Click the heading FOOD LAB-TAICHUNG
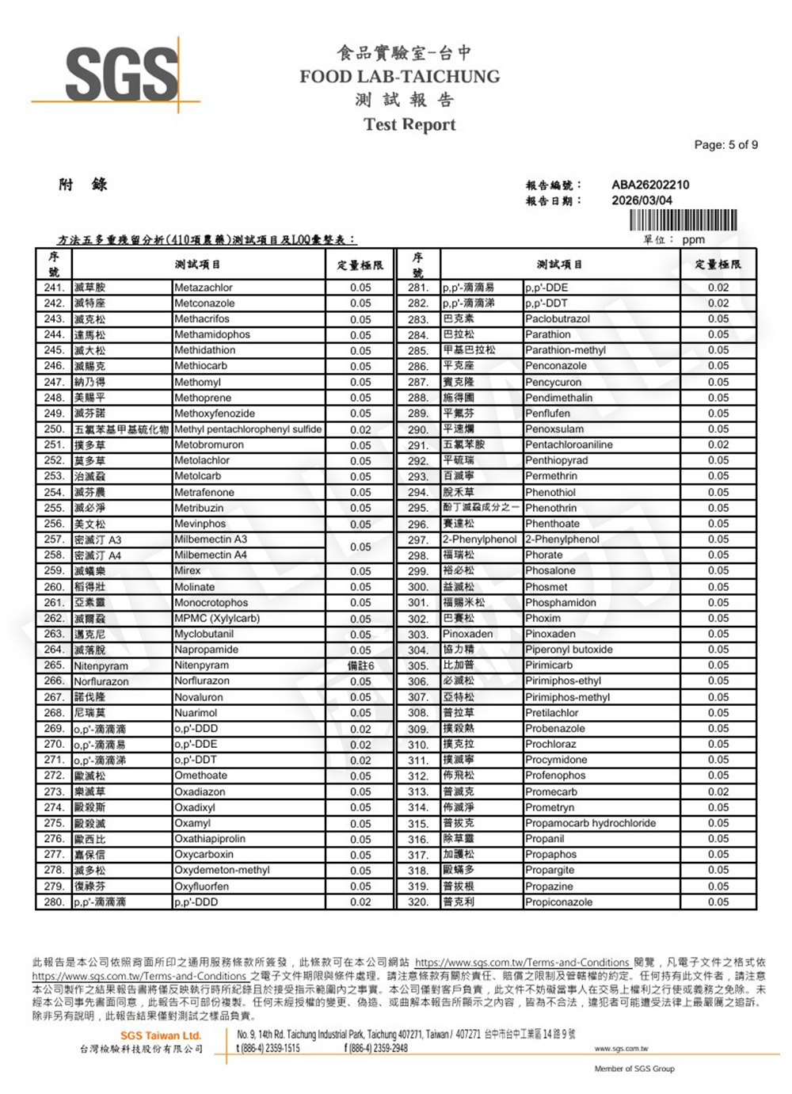(400, 77)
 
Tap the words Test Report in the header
(409, 124)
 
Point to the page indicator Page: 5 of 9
(725, 145)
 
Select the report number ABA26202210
(650, 185)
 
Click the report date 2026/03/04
(642, 200)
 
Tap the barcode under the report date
(683, 220)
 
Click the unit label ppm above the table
(693, 239)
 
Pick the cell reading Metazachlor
(204, 288)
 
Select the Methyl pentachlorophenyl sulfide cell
(248, 429)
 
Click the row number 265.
(54, 665)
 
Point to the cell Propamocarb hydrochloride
(590, 823)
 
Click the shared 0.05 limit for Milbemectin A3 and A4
(360, 547)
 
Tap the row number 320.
(418, 902)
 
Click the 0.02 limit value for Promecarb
(718, 791)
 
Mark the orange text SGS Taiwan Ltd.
(161, 1035)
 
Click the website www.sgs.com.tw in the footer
(621, 1048)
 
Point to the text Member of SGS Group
(634, 1069)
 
